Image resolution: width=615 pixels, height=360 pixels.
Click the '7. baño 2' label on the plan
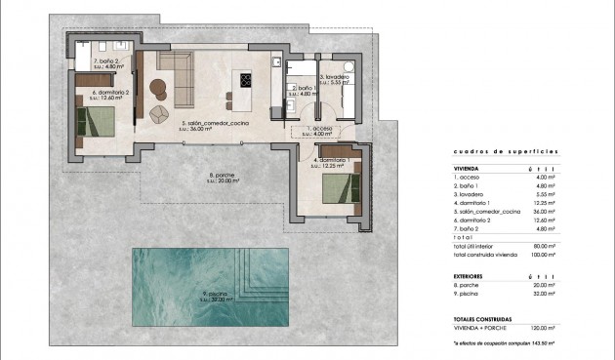click(x=105, y=61)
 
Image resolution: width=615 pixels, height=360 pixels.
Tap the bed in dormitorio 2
click(x=98, y=123)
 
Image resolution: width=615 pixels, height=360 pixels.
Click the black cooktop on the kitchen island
click(x=242, y=81)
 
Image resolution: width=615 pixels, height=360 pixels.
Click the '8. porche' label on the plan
click(x=224, y=177)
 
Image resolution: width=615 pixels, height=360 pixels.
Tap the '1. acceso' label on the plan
click(x=322, y=129)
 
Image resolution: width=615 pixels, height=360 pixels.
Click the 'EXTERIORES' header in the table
click(x=471, y=276)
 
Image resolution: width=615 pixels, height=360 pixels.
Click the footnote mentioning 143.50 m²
click(x=504, y=343)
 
